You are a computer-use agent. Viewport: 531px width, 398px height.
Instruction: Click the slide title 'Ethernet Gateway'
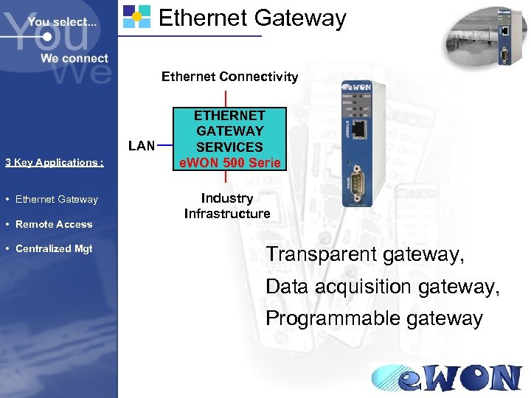click(x=252, y=18)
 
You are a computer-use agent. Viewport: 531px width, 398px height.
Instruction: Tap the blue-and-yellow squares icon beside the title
click(x=136, y=15)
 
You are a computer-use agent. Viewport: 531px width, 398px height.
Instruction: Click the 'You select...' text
click(x=63, y=22)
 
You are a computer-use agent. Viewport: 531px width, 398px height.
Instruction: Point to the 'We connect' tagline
click(x=74, y=58)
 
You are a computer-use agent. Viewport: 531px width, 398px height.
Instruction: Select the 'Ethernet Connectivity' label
click(x=229, y=77)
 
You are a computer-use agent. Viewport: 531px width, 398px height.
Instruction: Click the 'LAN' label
click(x=142, y=145)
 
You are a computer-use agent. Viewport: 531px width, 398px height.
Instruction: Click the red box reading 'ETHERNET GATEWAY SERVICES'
click(x=229, y=131)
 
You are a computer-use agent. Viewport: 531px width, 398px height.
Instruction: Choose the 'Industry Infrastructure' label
click(x=227, y=206)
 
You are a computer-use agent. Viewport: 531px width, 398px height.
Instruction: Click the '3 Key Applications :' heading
click(x=54, y=163)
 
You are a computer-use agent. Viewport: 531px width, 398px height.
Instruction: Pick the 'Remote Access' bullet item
click(x=54, y=224)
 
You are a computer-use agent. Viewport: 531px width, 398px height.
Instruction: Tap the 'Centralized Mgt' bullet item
click(x=54, y=248)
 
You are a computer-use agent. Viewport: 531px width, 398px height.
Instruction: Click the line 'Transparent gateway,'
click(x=365, y=255)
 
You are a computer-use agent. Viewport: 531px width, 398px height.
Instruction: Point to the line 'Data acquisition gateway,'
click(x=382, y=287)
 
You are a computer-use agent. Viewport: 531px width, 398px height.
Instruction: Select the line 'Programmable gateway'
click(x=374, y=318)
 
